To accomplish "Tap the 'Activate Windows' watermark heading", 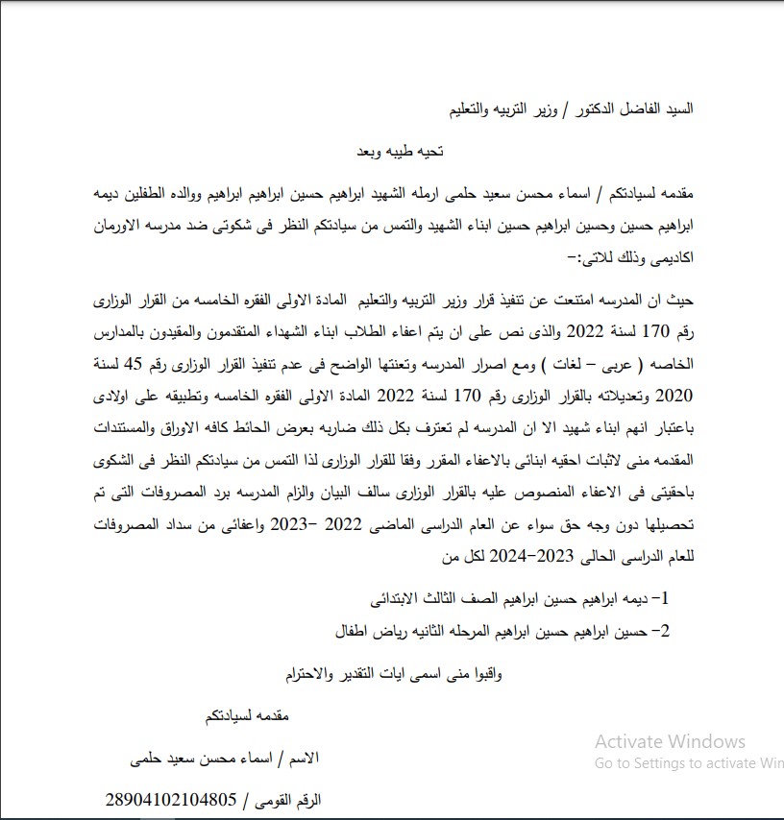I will [670, 741].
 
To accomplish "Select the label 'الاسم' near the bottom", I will [303, 758].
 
